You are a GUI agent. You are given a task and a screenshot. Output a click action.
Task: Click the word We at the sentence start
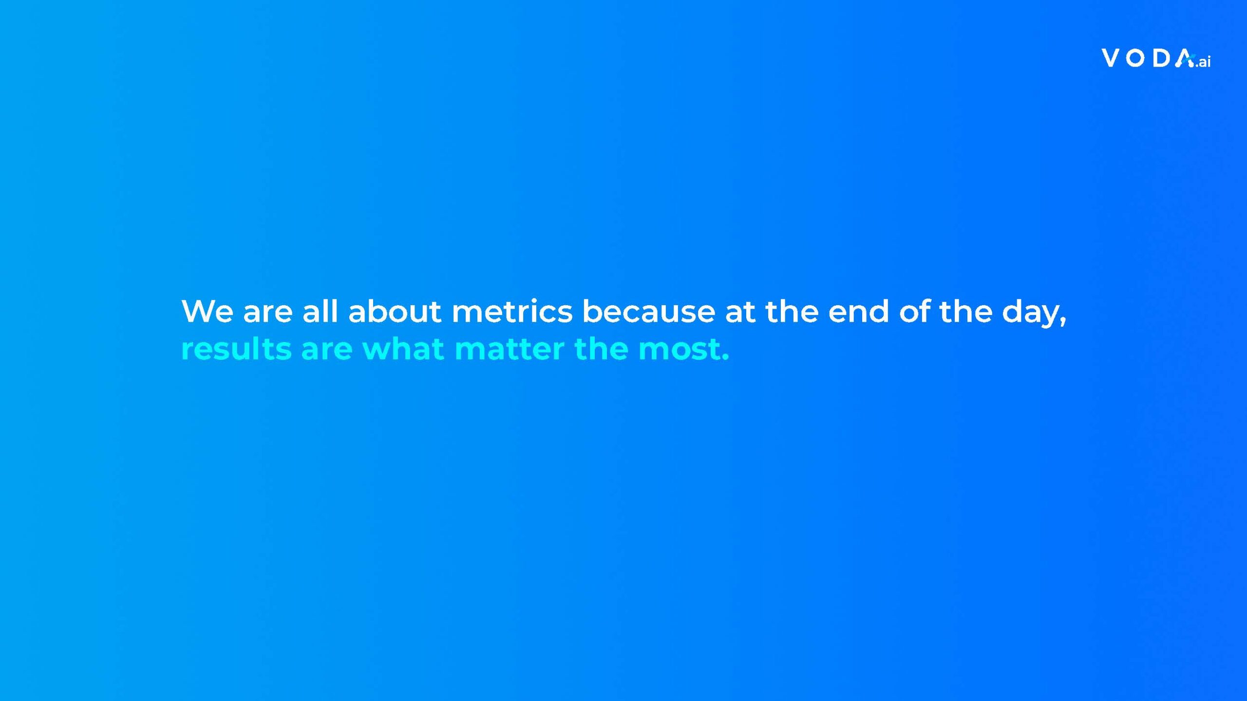click(207, 312)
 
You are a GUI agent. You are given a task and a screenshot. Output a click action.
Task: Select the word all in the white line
click(320, 311)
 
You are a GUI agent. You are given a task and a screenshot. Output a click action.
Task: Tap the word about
click(395, 311)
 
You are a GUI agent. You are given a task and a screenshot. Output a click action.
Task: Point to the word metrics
click(512, 311)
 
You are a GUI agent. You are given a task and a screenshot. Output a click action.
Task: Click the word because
click(649, 311)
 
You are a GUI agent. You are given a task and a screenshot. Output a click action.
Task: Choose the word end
click(859, 311)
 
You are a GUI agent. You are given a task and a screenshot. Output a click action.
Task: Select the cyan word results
click(236, 349)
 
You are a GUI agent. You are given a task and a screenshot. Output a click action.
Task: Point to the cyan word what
click(403, 349)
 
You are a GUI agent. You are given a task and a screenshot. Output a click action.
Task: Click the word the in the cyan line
click(602, 349)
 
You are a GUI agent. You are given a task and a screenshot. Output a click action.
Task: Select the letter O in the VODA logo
click(1135, 58)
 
